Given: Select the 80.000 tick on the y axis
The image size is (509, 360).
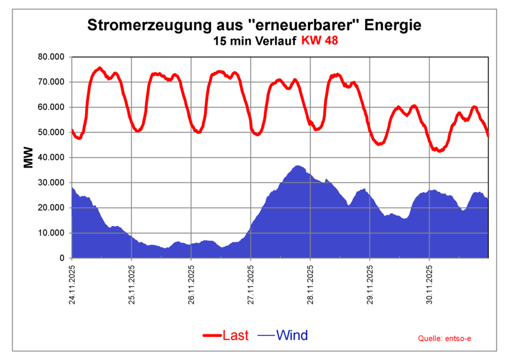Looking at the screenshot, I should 51,57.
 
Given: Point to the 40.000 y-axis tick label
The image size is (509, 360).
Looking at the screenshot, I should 51,158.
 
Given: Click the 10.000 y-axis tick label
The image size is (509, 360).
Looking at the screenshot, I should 51,233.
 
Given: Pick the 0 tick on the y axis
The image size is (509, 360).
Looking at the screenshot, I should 62,259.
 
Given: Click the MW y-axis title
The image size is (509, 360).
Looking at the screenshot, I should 28,157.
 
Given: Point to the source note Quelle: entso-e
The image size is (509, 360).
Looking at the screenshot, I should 444,339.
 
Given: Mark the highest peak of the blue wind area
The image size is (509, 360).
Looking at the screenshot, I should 298,166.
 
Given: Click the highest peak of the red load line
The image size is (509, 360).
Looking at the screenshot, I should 99,68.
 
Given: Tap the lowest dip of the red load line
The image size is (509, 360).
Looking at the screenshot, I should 439,151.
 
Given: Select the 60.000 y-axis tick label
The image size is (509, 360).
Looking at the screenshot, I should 51,107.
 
